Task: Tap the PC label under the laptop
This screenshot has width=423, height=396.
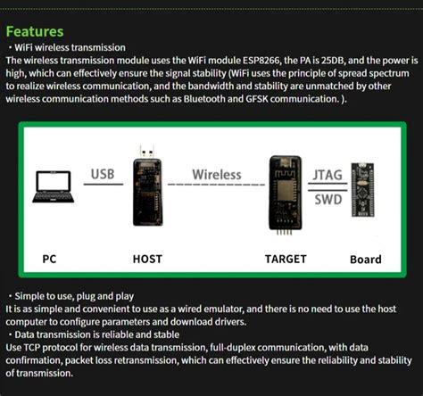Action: (x=50, y=260)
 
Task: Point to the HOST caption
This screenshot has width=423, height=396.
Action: (x=146, y=260)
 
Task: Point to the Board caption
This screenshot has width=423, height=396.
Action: (x=365, y=260)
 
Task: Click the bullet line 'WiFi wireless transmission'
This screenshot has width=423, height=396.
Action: (x=71, y=46)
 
